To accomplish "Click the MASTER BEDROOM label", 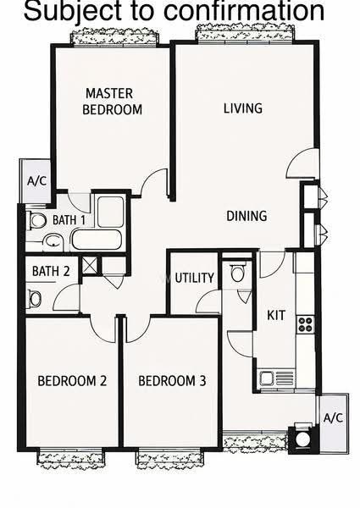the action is click(112, 102).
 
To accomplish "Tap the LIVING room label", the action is click(243, 108).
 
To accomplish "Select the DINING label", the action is click(246, 216).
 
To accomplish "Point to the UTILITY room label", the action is click(195, 278).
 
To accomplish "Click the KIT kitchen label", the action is click(276, 315).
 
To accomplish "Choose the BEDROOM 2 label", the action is click(72, 381).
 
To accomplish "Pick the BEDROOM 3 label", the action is click(172, 381).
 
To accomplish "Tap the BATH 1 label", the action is click(69, 220).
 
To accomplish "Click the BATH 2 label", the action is click(51, 271).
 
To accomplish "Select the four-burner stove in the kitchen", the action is click(306, 324).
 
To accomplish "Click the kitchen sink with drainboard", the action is click(277, 378).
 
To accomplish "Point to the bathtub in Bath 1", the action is click(97, 240).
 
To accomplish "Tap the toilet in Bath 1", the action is click(36, 221).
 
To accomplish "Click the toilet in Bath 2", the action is click(34, 299).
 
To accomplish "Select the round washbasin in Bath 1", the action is click(53, 241).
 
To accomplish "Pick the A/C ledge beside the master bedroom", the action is click(36, 181).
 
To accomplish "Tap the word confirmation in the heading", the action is click(244, 11).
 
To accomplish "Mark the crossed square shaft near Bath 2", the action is click(89, 265).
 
